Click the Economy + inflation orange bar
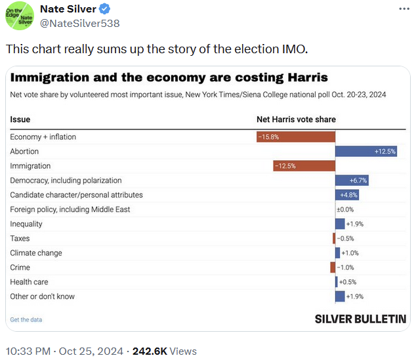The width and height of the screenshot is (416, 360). pyautogui.click(x=296, y=137)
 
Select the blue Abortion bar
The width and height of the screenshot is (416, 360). pyautogui.click(x=366, y=151)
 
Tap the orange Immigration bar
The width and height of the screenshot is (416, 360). pyautogui.click(x=304, y=166)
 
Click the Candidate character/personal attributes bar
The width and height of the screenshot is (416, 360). pyautogui.click(x=347, y=194)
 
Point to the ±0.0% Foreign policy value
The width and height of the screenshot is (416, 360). pyautogui.click(x=345, y=210)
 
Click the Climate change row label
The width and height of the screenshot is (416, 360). pyautogui.click(x=36, y=253)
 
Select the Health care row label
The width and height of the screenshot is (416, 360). pyautogui.click(x=30, y=282)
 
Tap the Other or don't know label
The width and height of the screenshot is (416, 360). pyautogui.click(x=43, y=296)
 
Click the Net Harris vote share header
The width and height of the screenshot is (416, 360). pyautogui.click(x=295, y=120)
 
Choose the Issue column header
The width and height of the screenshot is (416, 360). pyautogui.click(x=20, y=120)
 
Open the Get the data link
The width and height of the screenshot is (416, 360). pyautogui.click(x=26, y=319)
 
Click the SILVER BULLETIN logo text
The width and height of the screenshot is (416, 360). pyautogui.click(x=360, y=319)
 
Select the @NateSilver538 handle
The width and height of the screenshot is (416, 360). pyautogui.click(x=79, y=24)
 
